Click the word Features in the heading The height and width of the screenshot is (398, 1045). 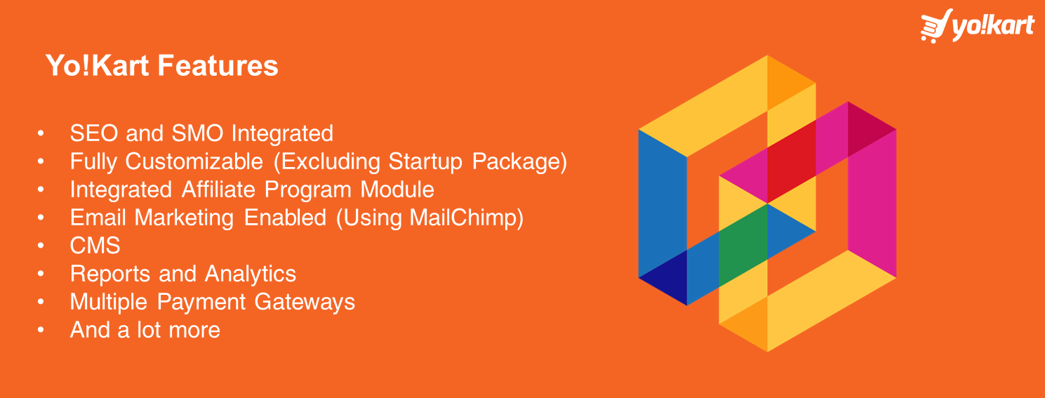pos(218,65)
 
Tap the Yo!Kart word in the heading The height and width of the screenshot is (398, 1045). pos(97,65)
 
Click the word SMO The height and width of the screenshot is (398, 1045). pos(197,133)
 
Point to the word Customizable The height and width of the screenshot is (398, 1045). pos(194,162)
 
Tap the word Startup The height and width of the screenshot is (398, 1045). pos(425,162)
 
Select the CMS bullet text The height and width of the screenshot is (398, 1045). pos(95,246)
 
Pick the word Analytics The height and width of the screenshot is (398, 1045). pos(251,274)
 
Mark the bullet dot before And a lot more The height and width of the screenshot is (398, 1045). pos(41,330)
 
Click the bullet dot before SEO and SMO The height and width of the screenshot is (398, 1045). pos(41,133)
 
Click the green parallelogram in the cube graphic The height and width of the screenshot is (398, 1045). pos(743,245)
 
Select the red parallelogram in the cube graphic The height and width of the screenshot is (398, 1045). pos(792,161)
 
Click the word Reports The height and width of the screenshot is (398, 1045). pos(110,274)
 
